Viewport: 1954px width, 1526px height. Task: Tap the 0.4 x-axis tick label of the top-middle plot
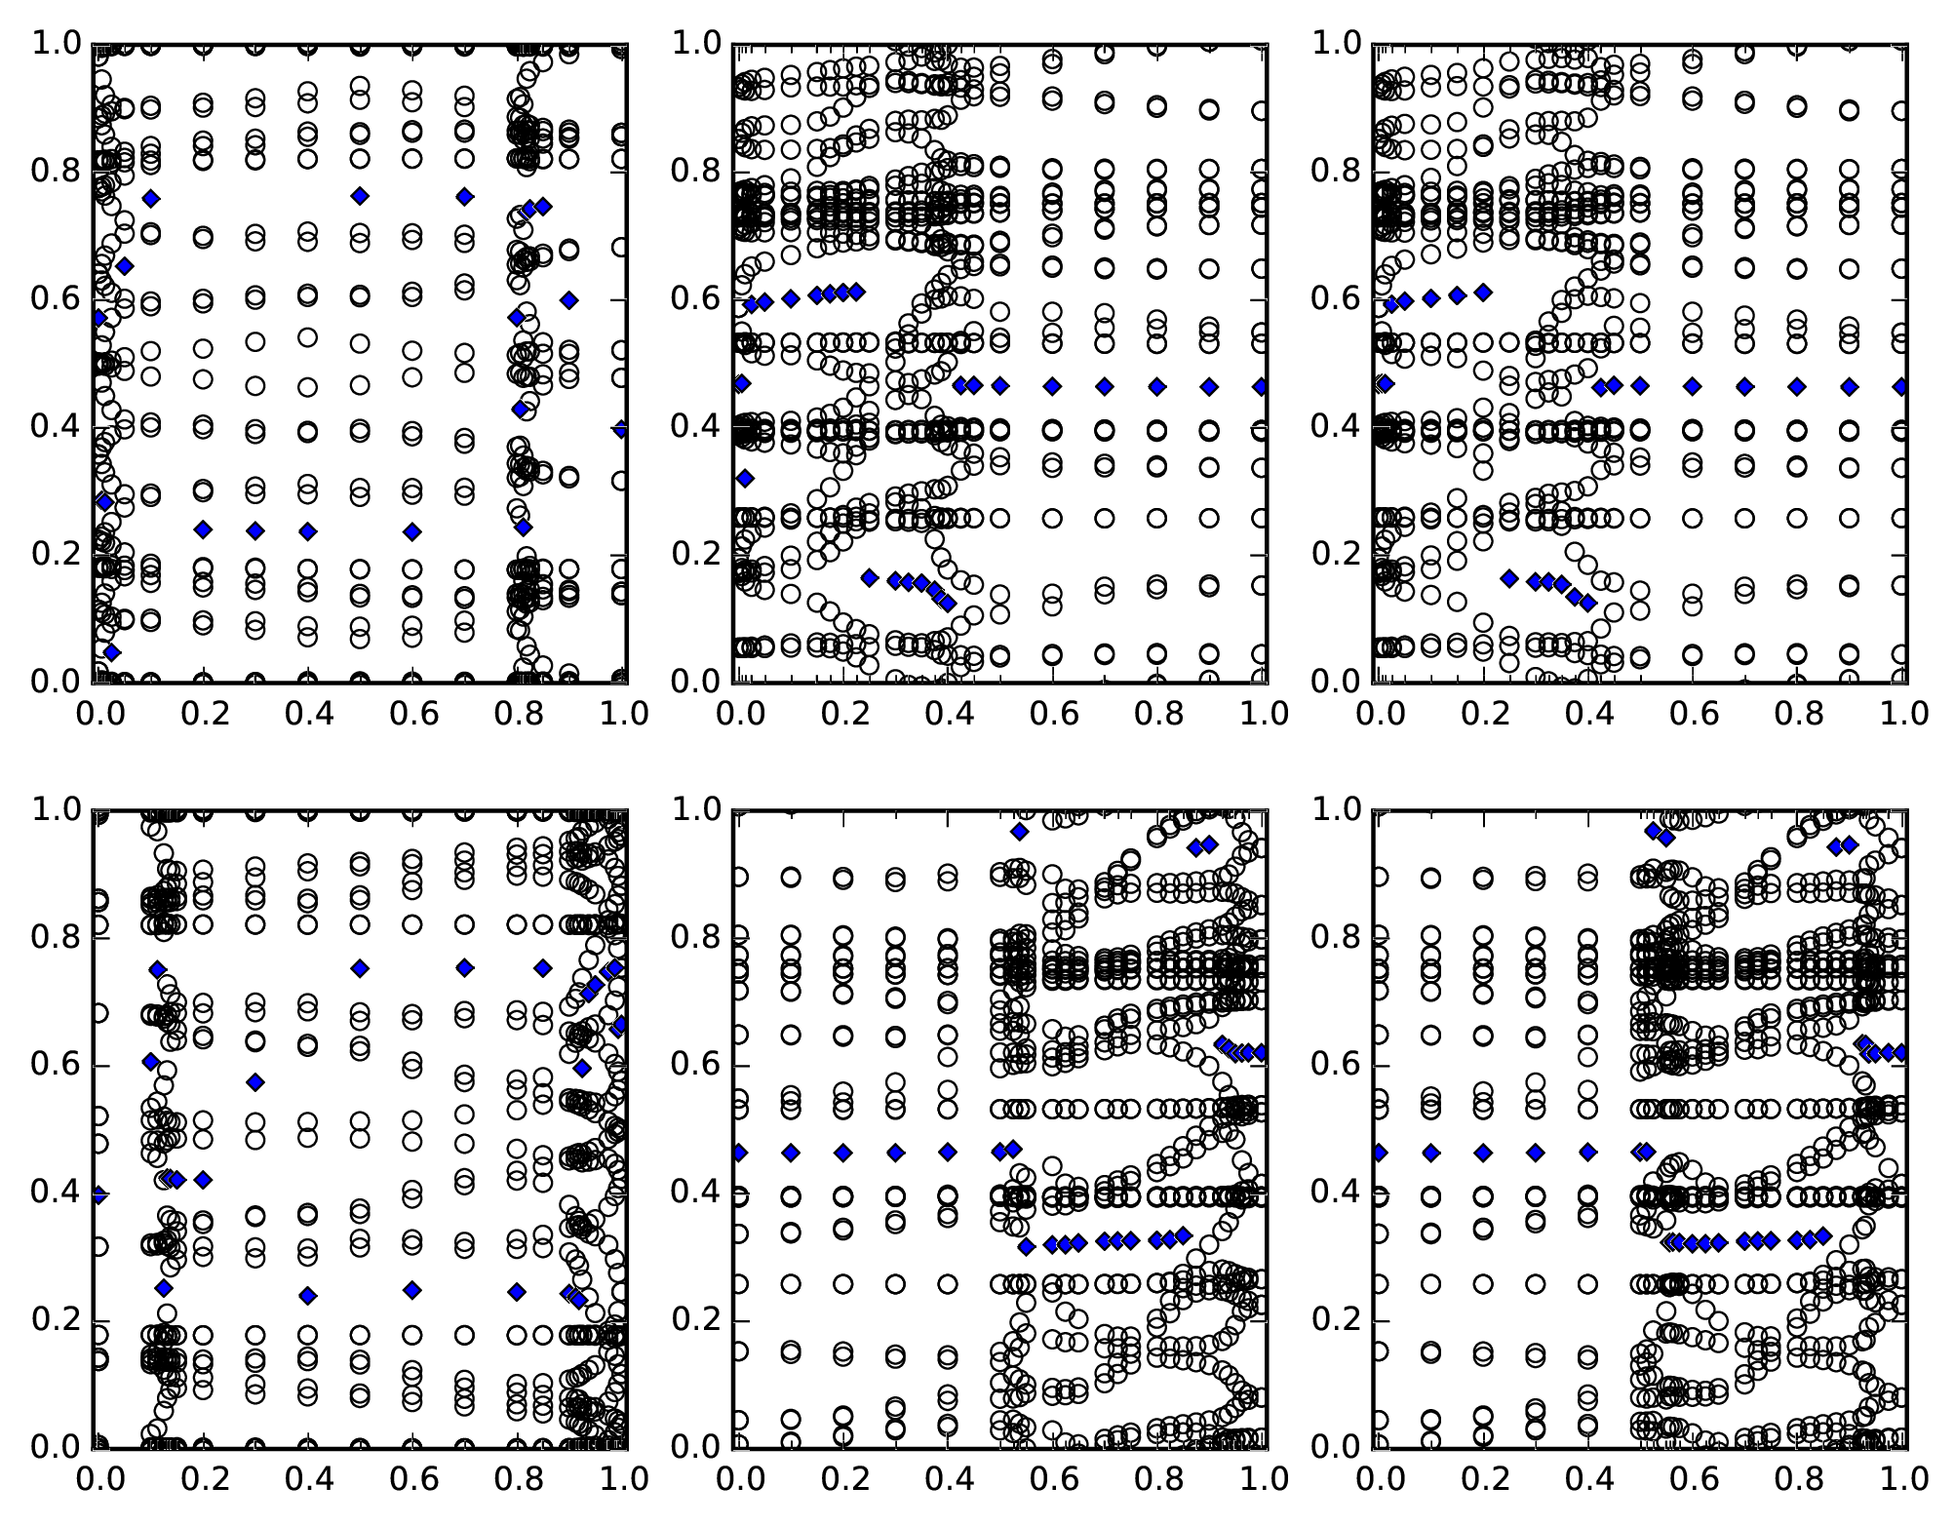(x=947, y=715)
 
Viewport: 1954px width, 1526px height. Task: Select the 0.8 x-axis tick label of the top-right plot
(x=1797, y=715)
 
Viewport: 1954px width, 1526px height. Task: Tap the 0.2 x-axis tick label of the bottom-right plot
(x=1484, y=1480)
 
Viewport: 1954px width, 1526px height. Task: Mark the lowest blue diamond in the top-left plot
(x=111, y=652)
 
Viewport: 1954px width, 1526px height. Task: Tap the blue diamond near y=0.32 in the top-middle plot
(x=745, y=478)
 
